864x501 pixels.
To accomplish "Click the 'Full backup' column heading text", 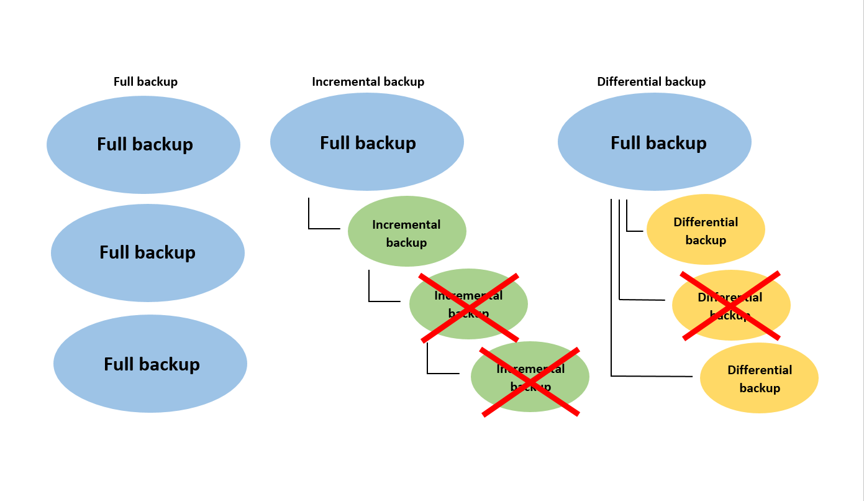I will [145, 82].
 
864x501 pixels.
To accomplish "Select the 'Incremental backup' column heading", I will [368, 82].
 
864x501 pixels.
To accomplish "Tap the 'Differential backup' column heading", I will [651, 82].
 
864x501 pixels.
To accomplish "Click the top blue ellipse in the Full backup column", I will [143, 145].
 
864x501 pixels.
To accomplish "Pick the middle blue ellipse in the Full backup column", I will [148, 253].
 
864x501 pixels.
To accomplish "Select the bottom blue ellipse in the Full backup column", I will [150, 364].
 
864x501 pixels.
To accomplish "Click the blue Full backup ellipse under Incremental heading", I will [367, 142].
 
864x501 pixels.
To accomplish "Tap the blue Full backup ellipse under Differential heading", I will [655, 142].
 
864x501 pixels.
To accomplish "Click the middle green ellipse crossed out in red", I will [468, 304].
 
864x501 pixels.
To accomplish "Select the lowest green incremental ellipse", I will [530, 377].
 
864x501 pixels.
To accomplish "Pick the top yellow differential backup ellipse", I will [706, 229].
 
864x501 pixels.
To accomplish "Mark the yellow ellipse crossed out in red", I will [731, 305].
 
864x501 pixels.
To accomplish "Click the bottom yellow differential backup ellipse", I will [759, 378].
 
